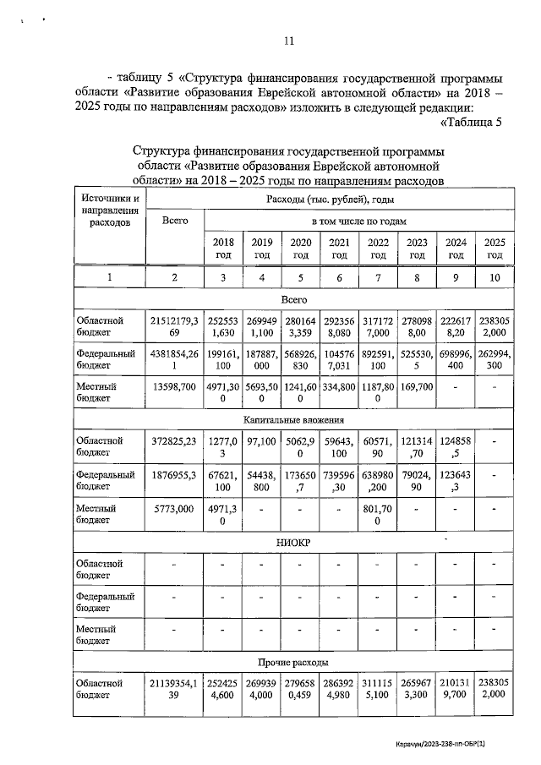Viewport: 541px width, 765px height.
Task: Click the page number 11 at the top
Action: coord(288,41)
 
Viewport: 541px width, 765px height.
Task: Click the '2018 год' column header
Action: coord(222,249)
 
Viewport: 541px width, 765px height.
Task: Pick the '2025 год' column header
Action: coord(495,249)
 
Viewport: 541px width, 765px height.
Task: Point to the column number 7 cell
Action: coord(378,278)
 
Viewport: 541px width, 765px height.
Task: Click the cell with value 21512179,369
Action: coord(174,327)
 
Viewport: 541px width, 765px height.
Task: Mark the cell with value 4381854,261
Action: coord(174,363)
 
